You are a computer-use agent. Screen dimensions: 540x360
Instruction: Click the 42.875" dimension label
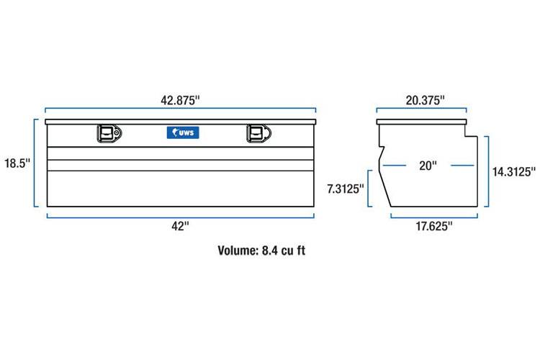180,100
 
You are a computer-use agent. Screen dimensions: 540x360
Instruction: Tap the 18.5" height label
17,163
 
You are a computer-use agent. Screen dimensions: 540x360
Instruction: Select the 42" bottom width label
181,226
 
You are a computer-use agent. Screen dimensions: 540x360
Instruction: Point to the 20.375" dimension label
426,100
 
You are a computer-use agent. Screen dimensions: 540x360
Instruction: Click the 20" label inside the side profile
428,166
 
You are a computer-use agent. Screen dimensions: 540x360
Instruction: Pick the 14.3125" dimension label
514,171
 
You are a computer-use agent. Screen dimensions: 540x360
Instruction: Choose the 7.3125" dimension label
346,189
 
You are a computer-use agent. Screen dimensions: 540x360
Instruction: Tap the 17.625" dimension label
434,226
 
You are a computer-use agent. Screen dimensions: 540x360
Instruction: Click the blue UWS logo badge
183,132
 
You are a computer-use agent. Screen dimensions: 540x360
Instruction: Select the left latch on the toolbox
109,133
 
